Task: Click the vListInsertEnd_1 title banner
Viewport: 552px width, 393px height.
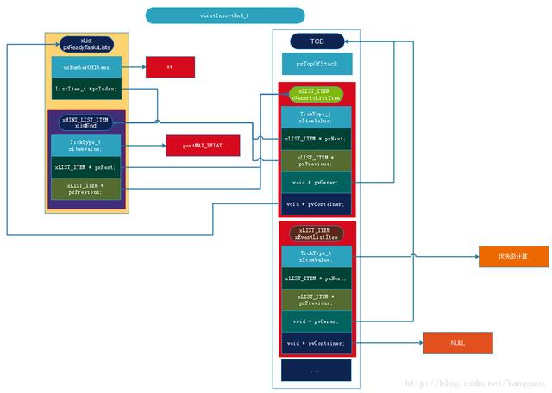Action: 224,16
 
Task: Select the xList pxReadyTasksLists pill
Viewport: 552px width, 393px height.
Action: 86,43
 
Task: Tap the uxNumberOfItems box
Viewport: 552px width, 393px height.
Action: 86,66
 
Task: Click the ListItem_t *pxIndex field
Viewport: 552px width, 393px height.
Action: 86,89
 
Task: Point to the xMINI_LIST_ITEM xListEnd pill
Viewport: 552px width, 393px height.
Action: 85,121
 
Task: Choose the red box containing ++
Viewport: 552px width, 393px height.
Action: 170,66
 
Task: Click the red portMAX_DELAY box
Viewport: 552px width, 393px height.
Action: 200,147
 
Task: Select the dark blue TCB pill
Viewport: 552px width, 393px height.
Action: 317,41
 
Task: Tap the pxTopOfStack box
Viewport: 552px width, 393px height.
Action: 317,64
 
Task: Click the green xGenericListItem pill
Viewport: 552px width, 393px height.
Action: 316,95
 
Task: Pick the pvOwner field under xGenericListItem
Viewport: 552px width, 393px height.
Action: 316,182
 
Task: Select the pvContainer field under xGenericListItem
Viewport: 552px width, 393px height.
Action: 316,204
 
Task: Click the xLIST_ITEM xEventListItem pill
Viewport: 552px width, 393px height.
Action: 316,234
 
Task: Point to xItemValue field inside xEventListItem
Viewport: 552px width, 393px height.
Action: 316,255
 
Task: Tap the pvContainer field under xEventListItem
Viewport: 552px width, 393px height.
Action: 316,343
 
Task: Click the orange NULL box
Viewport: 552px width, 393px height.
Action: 457,342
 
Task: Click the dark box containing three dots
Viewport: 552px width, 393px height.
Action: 316,370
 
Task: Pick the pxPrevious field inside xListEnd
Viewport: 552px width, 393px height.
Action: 85,189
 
